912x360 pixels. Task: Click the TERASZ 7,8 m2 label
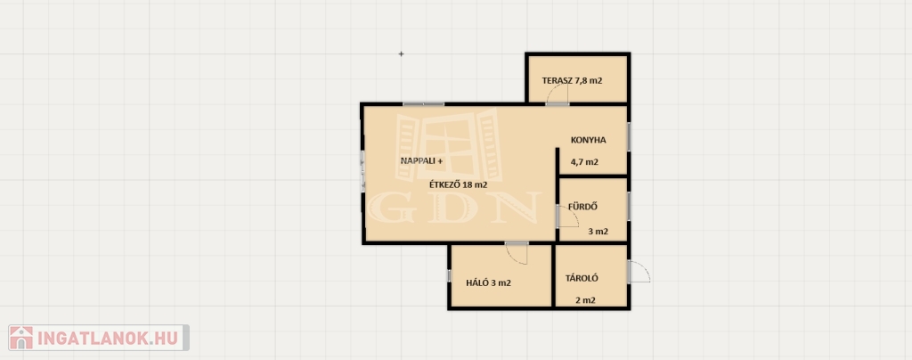(572, 81)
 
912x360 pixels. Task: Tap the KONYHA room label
(589, 140)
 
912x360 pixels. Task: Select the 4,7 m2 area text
(584, 162)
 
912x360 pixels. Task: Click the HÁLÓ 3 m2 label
(489, 283)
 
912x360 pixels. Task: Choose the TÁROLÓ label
(582, 278)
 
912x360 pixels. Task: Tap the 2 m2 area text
(585, 300)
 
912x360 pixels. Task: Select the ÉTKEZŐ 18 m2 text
(458, 185)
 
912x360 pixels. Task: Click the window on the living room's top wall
(423, 104)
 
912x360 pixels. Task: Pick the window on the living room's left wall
(362, 168)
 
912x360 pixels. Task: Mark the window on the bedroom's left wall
(449, 275)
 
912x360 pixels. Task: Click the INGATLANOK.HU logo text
(110, 338)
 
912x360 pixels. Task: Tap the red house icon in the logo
(21, 338)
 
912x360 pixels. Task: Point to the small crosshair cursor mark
(401, 54)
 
